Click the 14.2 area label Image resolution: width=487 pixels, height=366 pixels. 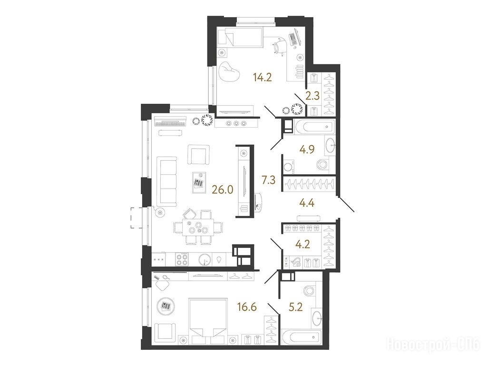click(x=263, y=77)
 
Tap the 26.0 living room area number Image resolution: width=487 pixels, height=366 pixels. click(x=223, y=189)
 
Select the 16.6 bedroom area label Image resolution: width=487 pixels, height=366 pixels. click(x=247, y=308)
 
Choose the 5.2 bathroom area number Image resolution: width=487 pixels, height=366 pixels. click(x=295, y=308)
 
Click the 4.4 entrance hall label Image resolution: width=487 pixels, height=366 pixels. click(x=307, y=203)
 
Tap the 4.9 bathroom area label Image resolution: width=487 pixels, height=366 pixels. click(x=307, y=150)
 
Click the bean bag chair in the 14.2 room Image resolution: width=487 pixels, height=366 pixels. click(x=229, y=73)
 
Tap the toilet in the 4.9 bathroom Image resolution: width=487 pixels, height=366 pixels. click(x=323, y=164)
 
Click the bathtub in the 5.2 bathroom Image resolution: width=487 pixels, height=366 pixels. click(x=301, y=337)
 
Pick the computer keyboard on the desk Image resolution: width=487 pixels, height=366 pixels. click(x=293, y=40)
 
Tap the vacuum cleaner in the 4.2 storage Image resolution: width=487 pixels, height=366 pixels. click(x=296, y=262)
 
